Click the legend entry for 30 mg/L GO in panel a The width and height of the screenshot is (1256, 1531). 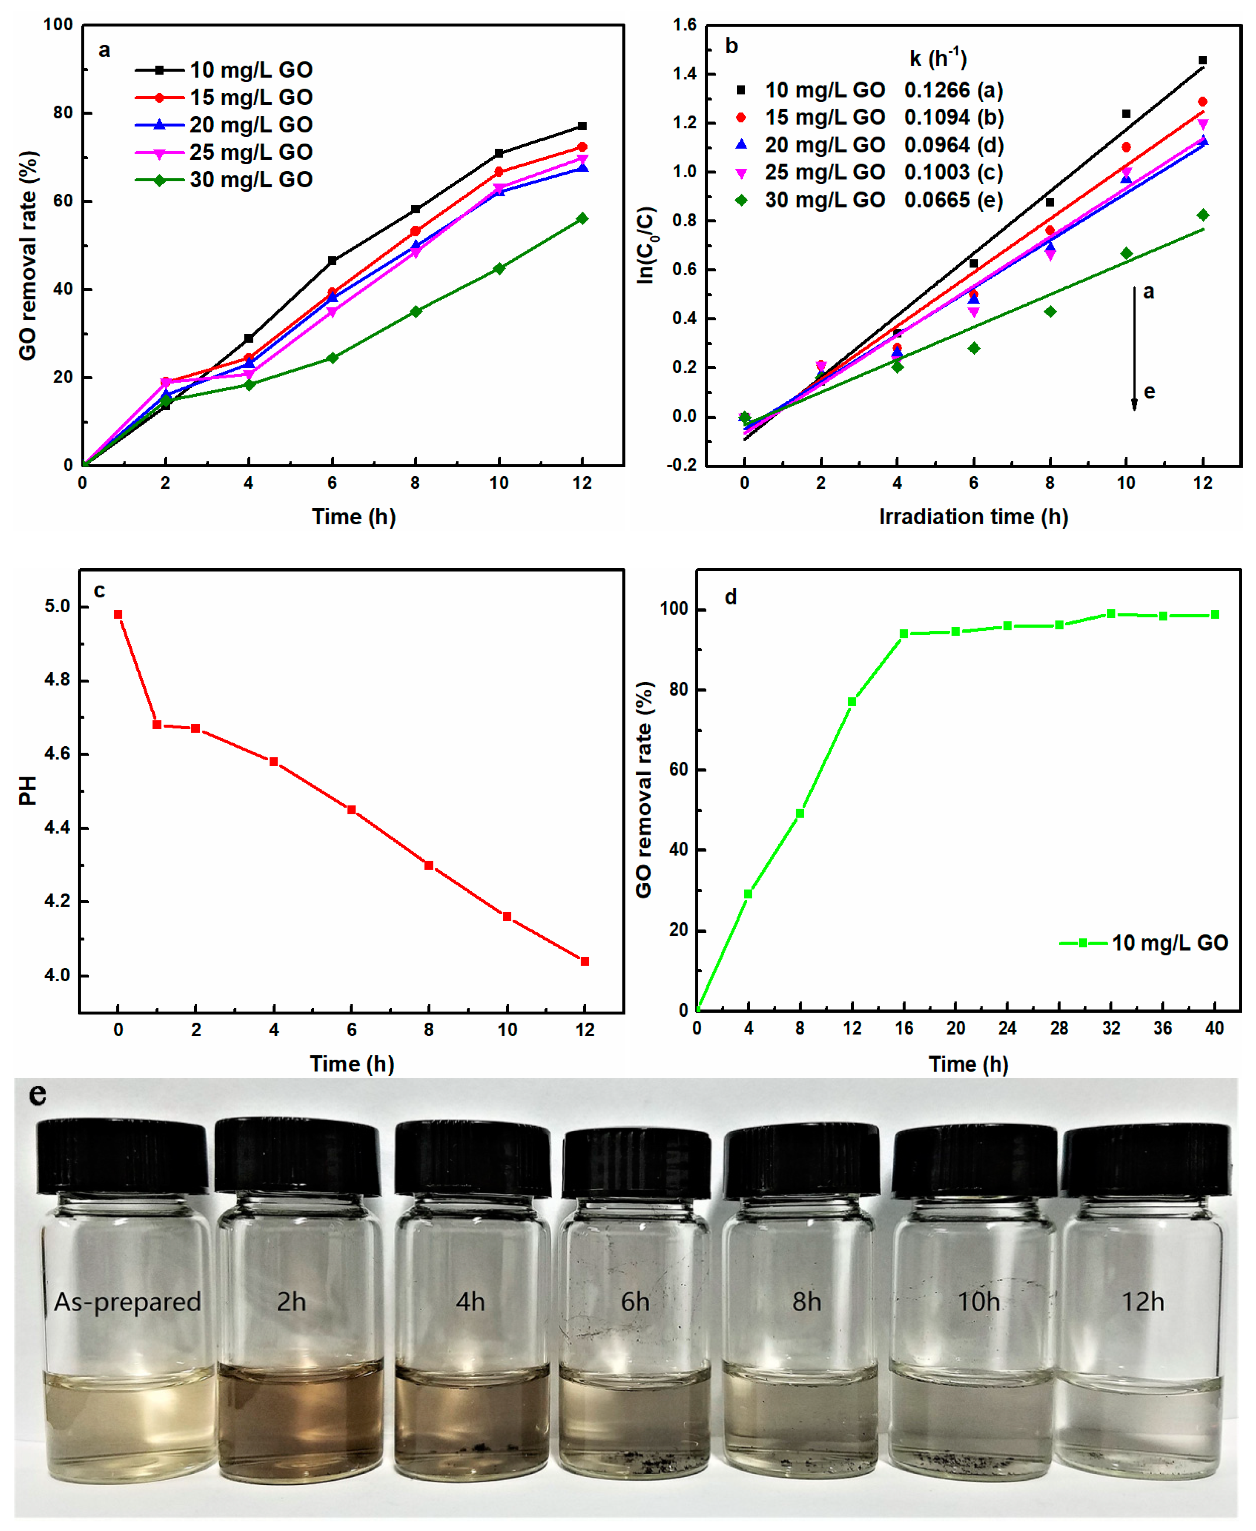pos(224,179)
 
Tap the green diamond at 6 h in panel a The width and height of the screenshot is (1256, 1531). pos(332,357)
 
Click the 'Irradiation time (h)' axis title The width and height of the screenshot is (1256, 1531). pos(973,516)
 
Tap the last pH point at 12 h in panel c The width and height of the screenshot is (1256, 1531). pos(585,961)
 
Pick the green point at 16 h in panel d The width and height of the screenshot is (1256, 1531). pos(904,633)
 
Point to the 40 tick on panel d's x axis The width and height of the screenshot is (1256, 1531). pos(1214,1028)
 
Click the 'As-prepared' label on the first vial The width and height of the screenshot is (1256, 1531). pos(128,1302)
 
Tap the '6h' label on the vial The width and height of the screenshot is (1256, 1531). pos(635,1302)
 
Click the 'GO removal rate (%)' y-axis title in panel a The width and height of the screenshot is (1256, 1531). pos(27,255)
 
